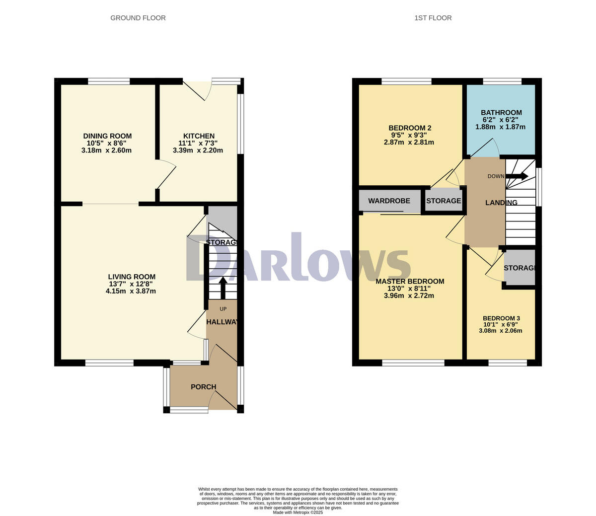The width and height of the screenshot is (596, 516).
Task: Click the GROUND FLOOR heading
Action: tap(138, 18)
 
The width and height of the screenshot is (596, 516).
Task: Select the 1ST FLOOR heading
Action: tap(433, 18)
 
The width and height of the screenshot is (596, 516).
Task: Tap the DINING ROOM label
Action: tap(107, 136)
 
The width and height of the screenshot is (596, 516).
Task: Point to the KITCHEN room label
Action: tap(199, 136)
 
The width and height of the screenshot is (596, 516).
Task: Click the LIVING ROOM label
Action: tap(132, 277)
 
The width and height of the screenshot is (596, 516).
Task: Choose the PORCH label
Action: tap(204, 387)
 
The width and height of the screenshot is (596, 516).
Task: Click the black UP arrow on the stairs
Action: tap(223, 288)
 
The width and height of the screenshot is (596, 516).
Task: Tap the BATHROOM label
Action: tap(501, 113)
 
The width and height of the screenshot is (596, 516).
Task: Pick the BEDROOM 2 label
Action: tap(409, 128)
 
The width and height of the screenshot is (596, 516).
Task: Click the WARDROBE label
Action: tap(389, 201)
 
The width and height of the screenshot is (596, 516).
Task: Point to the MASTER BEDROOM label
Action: tap(410, 282)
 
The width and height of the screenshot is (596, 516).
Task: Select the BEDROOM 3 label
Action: tap(501, 318)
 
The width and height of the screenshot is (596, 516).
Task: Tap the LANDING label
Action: tap(501, 203)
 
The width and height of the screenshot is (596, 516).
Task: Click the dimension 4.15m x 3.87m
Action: tap(131, 291)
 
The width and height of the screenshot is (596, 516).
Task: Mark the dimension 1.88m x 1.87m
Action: tap(500, 127)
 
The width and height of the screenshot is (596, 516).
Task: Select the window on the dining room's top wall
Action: tap(109, 81)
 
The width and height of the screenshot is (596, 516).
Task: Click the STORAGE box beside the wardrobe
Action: tap(444, 201)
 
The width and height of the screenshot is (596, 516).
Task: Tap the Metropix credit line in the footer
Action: tap(298, 512)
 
